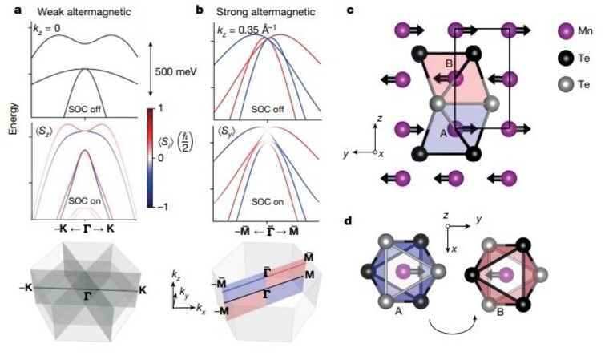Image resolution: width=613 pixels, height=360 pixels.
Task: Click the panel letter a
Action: pyautogui.click(x=18, y=10)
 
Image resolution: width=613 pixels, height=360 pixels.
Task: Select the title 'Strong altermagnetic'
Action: pyautogui.click(x=265, y=12)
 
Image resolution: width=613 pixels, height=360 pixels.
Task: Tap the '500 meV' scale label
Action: pyautogui.click(x=176, y=71)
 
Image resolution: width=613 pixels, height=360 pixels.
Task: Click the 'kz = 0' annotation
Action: pyautogui.click(x=46, y=28)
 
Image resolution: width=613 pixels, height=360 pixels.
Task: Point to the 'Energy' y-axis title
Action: pyautogui.click(x=14, y=119)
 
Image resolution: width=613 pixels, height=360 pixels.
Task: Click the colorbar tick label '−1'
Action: pyautogui.click(x=161, y=206)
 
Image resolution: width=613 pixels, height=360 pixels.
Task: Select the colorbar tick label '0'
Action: pyautogui.click(x=160, y=158)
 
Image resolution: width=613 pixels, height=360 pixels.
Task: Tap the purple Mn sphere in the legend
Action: pyautogui.click(x=565, y=31)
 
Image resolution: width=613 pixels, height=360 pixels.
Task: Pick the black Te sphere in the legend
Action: pyautogui.click(x=565, y=58)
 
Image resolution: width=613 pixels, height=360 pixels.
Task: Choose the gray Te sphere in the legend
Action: pyautogui.click(x=565, y=84)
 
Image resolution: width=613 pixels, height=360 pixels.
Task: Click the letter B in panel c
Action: pyautogui.click(x=449, y=63)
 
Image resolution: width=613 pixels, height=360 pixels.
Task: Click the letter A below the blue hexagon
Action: pyautogui.click(x=398, y=312)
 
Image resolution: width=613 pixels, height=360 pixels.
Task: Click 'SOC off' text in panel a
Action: pyautogui.click(x=84, y=109)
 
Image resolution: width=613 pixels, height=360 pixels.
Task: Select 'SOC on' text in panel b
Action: pyautogui.click(x=268, y=202)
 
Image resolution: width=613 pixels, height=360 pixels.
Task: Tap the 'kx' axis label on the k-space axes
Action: pyautogui.click(x=200, y=309)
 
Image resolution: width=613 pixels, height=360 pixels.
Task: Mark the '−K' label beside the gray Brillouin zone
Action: pyautogui.click(x=26, y=288)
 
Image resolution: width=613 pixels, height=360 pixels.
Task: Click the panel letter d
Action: pyautogui.click(x=348, y=221)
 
